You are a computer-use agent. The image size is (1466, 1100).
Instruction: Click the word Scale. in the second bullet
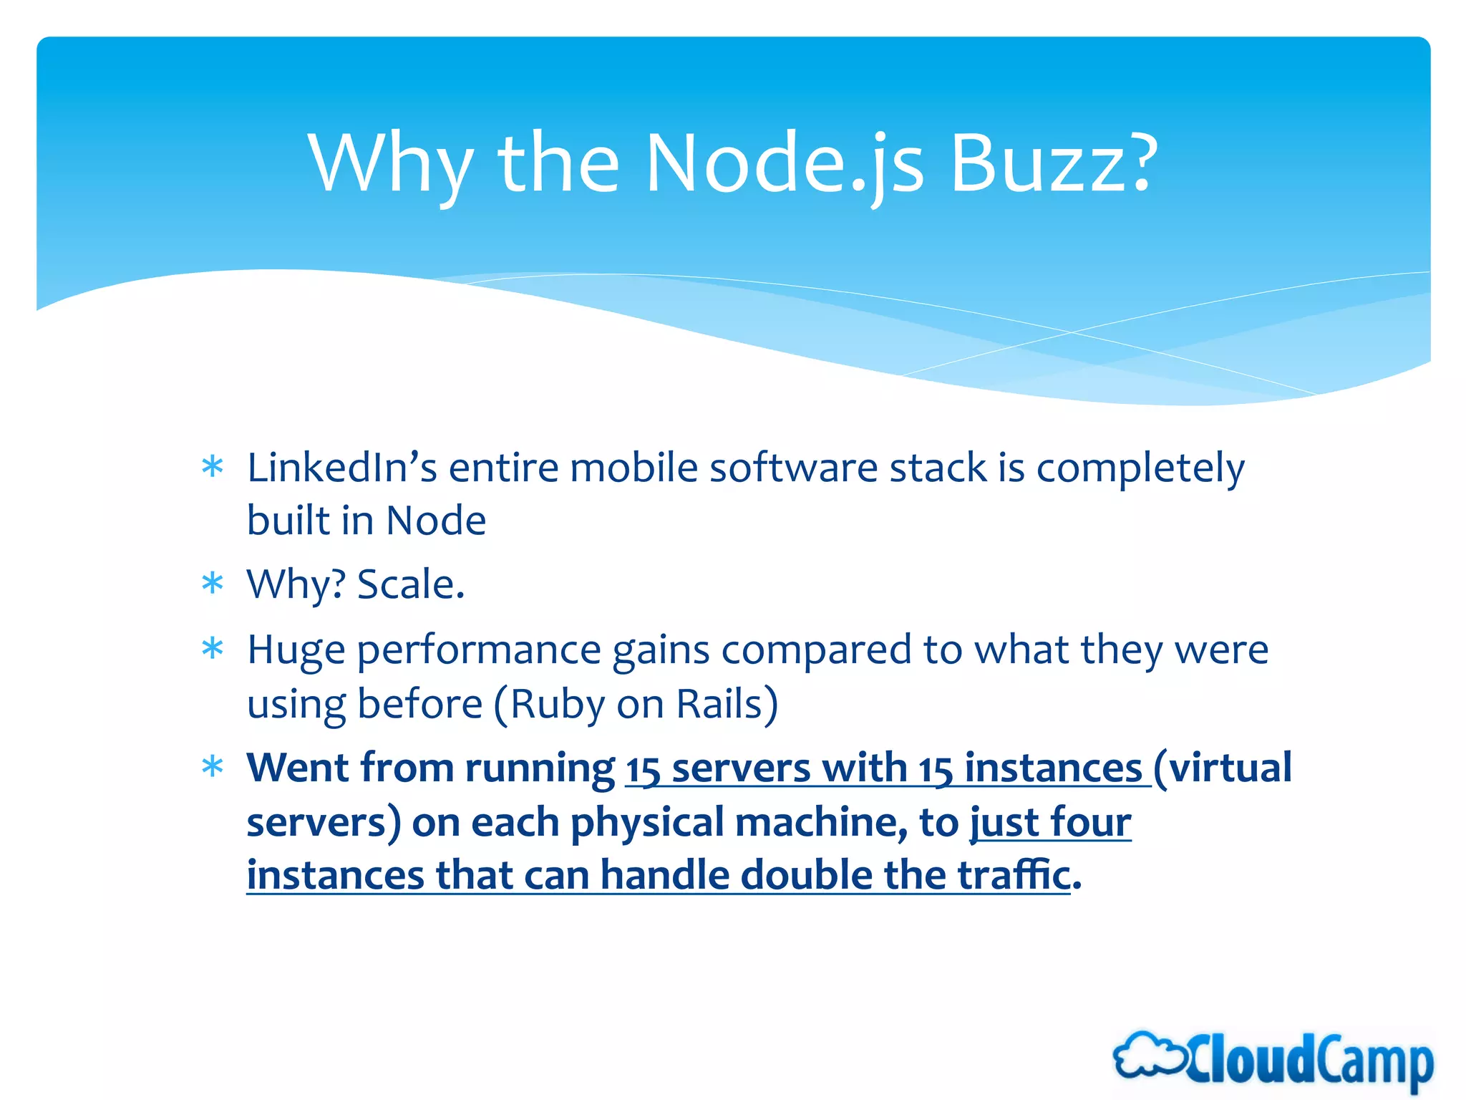(x=411, y=584)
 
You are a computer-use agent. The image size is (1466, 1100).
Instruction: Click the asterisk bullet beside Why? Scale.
(x=213, y=584)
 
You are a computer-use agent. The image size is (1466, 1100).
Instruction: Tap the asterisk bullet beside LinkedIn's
(x=213, y=467)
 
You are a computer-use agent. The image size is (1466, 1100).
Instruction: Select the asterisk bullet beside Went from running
(x=213, y=767)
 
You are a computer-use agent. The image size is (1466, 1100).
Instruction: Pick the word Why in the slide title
(x=391, y=165)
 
